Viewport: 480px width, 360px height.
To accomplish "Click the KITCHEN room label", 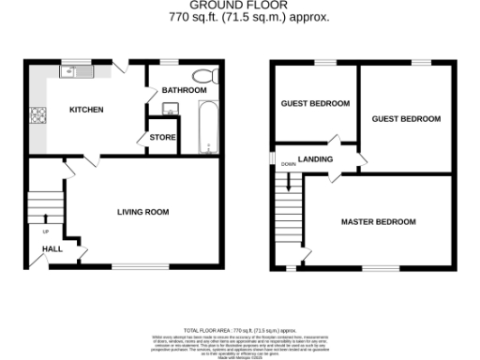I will [x=86, y=110].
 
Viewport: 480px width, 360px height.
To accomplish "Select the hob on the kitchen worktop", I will [x=39, y=116].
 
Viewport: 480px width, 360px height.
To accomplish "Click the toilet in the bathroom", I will [x=203, y=77].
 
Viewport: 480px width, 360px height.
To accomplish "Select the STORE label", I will [x=161, y=138].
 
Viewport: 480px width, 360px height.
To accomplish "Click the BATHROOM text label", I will [x=183, y=90].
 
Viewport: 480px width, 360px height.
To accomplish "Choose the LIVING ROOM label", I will [x=142, y=212].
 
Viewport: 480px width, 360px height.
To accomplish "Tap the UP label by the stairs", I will [x=46, y=231].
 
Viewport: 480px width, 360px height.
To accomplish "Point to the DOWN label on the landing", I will [x=287, y=164].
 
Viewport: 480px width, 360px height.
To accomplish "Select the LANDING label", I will [x=316, y=159].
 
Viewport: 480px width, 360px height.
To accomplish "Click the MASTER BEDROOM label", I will [x=378, y=221].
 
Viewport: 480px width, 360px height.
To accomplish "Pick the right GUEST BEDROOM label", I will [x=406, y=119].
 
